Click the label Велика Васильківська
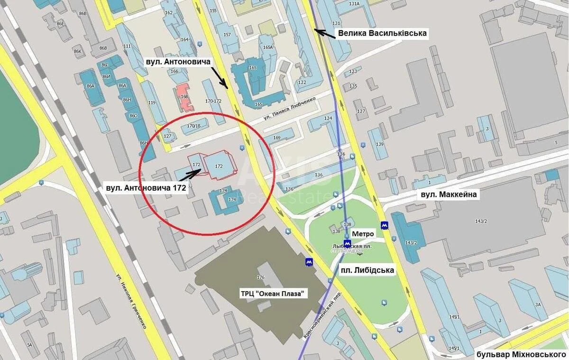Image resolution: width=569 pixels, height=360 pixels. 382,33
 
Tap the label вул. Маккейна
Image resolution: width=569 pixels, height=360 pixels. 449,194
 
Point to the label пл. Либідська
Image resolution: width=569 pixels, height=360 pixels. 367,270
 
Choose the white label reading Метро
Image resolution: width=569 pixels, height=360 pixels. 363,234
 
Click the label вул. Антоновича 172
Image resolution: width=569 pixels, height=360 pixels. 147,187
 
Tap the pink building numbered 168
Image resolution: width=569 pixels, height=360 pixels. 184,97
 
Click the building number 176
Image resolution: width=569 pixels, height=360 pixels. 260,277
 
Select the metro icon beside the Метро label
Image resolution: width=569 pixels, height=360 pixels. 348,243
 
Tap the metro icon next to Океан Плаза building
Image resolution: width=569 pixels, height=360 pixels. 309,261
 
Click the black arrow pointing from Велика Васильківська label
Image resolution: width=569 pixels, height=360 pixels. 325,33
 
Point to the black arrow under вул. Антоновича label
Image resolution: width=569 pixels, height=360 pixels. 219,77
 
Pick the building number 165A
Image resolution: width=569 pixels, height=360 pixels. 268,47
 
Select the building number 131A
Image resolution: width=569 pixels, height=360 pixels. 354,4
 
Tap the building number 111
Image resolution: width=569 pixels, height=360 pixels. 127,46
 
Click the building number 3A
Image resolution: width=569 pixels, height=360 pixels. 537,305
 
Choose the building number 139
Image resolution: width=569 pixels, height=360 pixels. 379,144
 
